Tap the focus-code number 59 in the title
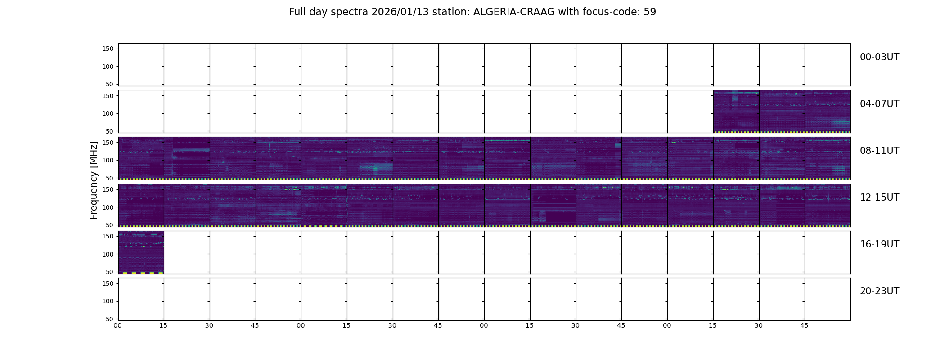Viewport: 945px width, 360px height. point(650,12)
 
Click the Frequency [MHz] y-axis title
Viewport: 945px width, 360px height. point(94,180)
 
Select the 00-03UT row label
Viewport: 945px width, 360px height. point(879,57)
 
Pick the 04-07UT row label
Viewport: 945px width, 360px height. point(879,104)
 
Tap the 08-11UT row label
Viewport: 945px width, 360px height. point(879,151)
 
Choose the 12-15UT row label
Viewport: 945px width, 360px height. point(879,198)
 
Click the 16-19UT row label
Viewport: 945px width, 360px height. point(879,244)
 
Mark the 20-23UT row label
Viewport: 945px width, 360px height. point(879,291)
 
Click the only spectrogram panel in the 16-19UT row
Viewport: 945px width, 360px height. point(141,252)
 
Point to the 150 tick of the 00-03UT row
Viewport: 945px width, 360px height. point(108,49)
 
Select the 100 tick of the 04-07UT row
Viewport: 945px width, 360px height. point(108,113)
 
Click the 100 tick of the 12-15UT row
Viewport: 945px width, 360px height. point(108,207)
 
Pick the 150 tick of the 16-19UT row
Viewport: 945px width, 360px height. point(108,236)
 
